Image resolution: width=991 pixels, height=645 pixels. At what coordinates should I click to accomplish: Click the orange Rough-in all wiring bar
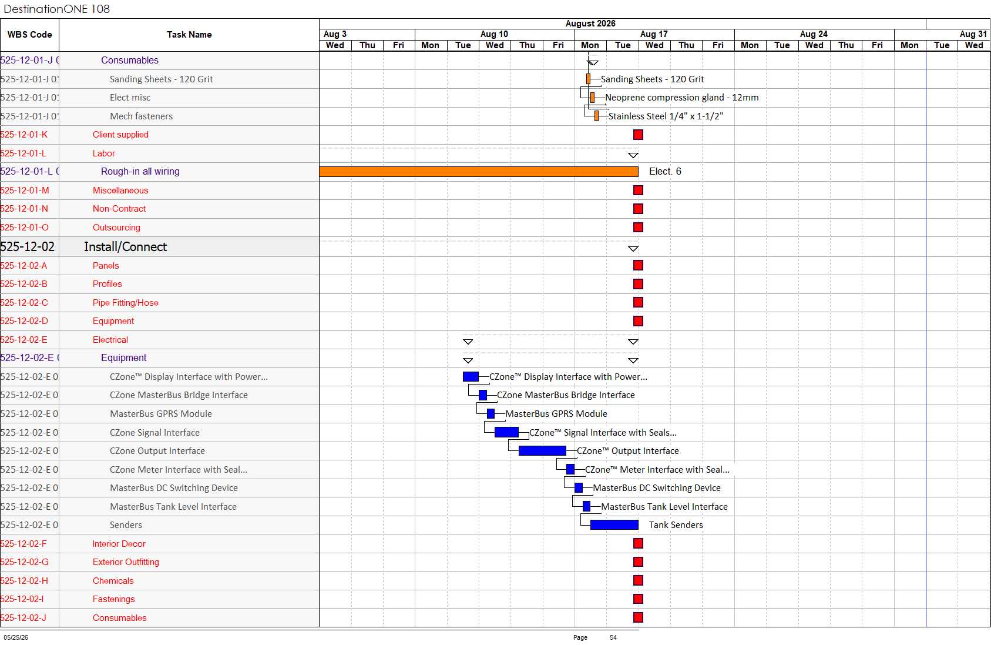(479, 171)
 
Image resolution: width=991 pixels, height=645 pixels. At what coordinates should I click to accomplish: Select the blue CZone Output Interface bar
(542, 450)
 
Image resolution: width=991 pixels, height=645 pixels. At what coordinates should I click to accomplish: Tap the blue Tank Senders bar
(614, 524)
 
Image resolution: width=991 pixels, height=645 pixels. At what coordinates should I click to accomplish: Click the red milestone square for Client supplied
(638, 135)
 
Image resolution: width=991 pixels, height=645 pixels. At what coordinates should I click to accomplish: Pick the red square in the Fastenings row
(638, 599)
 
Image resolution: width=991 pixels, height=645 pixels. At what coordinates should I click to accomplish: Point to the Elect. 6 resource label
(665, 171)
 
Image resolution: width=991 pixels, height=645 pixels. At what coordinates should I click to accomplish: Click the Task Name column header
(189, 35)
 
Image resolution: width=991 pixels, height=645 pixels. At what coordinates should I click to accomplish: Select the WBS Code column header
(29, 35)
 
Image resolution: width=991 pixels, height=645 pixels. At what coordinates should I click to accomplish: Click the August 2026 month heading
(590, 24)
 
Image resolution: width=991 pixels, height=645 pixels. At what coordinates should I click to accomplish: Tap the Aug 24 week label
(813, 34)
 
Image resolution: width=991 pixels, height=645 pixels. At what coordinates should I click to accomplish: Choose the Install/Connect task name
(125, 246)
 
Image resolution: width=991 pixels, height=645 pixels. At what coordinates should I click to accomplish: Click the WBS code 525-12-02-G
(24, 562)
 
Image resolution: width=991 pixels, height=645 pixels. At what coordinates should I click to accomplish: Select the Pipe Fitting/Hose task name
(125, 303)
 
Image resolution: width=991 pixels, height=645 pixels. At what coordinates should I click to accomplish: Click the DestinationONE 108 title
(56, 9)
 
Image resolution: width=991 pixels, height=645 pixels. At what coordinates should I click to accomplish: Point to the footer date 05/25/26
(16, 637)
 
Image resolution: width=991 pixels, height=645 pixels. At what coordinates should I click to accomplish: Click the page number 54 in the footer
(613, 637)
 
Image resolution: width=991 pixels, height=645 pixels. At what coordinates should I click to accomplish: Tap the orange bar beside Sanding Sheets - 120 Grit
(588, 79)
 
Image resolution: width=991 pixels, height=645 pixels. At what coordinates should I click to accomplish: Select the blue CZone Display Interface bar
(471, 377)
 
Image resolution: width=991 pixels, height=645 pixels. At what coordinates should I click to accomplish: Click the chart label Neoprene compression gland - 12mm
(681, 98)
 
